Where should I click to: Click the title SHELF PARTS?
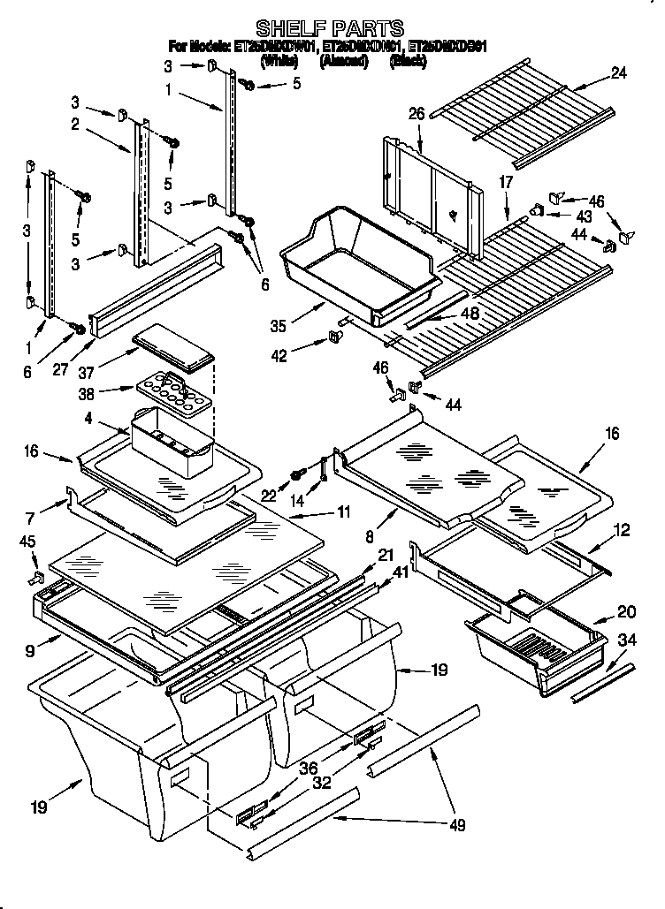(329, 28)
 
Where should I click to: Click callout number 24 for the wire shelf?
(618, 74)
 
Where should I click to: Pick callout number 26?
(417, 113)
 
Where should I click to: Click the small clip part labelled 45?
(39, 579)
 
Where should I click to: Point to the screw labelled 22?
(297, 477)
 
